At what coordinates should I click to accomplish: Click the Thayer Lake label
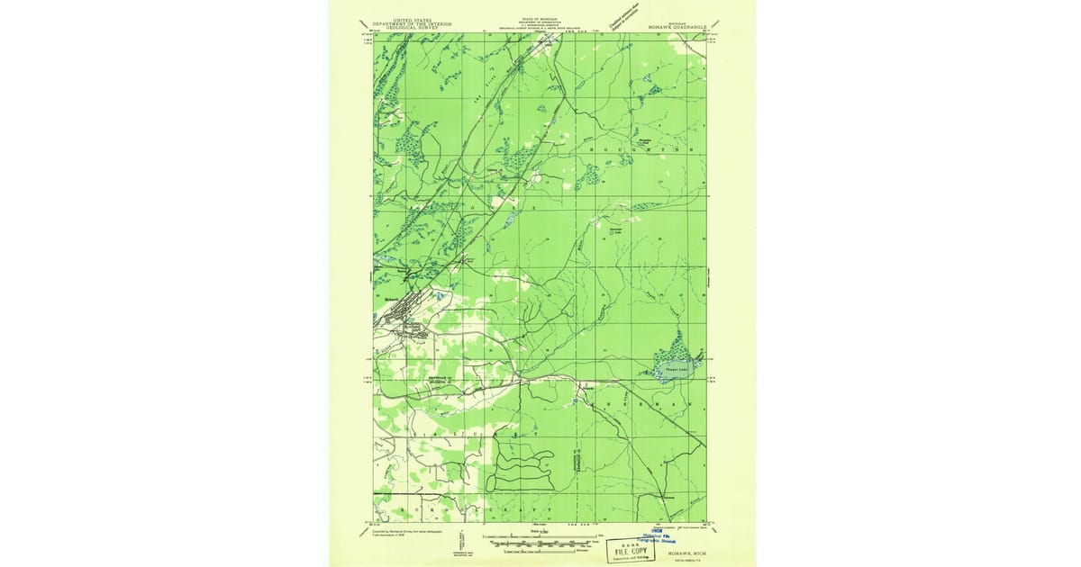pos(677,366)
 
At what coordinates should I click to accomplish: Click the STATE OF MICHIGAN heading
pos(539,18)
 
